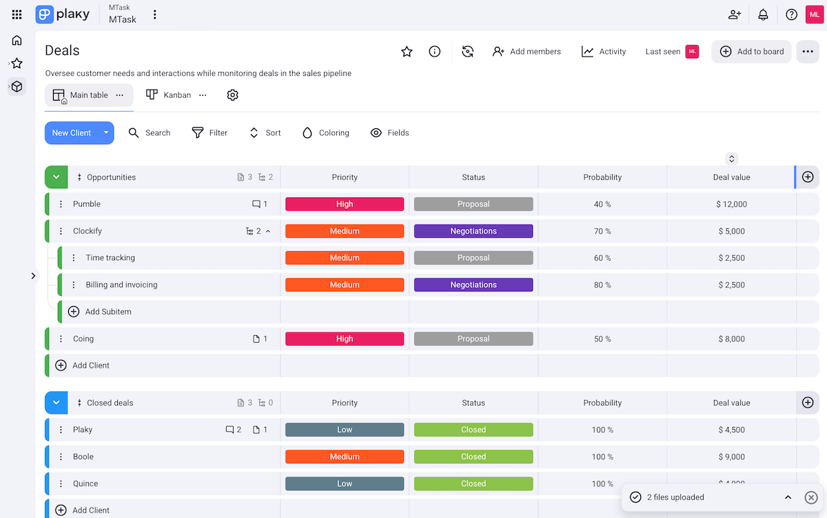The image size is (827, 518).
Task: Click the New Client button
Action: [x=72, y=133]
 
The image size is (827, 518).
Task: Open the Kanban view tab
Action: [x=169, y=95]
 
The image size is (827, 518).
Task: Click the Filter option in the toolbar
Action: [x=210, y=133]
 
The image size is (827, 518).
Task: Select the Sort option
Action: [x=265, y=133]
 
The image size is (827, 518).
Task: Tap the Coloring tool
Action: [x=326, y=133]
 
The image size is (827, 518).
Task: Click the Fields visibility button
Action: [x=389, y=133]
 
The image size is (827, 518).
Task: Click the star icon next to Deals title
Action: [x=407, y=52]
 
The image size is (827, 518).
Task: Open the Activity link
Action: [x=604, y=52]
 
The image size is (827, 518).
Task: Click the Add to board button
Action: [x=752, y=52]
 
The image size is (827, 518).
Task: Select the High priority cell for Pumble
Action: [x=345, y=204]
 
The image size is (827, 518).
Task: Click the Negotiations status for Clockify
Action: [x=473, y=231]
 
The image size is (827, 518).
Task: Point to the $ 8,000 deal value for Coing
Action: [x=731, y=339]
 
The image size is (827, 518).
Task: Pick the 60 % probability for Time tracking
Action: [x=602, y=258]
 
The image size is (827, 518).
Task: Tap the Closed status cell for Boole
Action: [x=473, y=457]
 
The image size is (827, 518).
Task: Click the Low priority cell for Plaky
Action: [x=345, y=430]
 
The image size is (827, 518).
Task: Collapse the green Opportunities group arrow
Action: [x=57, y=177]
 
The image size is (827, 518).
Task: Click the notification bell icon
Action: [x=763, y=14]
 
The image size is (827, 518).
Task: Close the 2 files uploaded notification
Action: [x=811, y=497]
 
